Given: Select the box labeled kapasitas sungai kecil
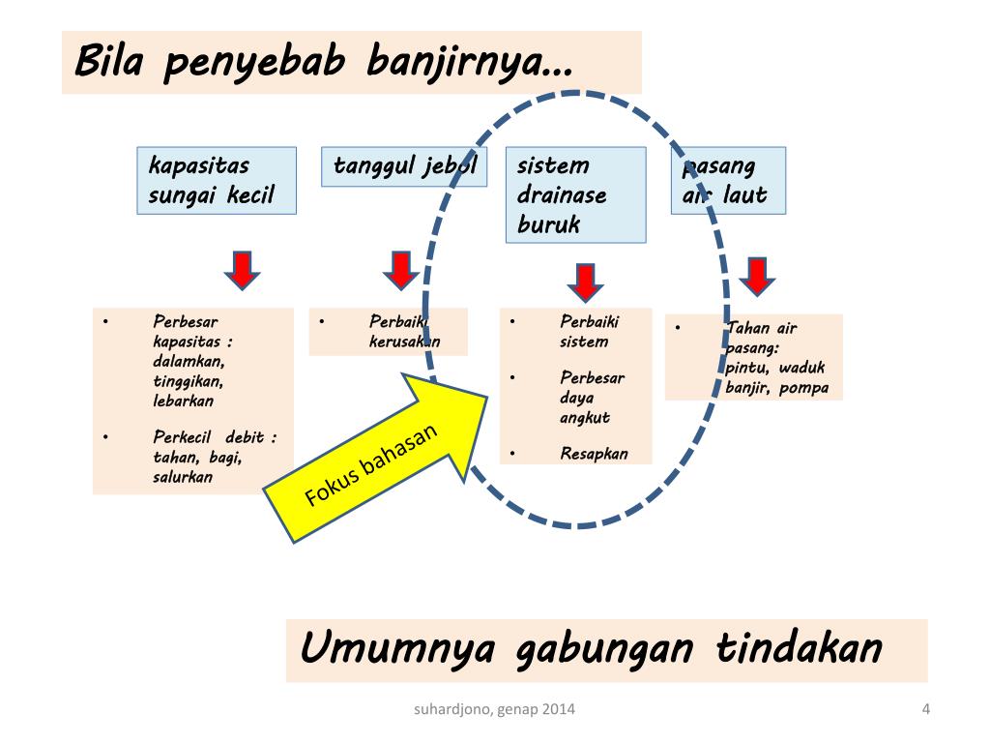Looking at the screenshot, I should [216, 180].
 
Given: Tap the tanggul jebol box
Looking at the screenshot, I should [404, 165].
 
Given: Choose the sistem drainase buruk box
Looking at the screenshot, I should [574, 194].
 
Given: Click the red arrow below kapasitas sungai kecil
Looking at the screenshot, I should [243, 269].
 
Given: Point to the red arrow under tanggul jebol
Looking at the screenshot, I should [400, 269].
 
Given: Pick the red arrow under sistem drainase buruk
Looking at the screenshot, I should [584, 281].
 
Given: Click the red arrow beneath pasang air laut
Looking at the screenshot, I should [757, 276].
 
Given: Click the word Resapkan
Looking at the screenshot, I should [594, 453].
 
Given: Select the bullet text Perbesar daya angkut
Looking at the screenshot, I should [592, 398].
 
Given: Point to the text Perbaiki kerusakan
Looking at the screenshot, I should [404, 331].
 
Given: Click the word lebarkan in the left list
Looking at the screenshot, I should [183, 401].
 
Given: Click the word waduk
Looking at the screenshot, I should [801, 369].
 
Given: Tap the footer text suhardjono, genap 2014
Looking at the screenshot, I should [494, 710].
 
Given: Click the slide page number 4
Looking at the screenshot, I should [925, 710].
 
